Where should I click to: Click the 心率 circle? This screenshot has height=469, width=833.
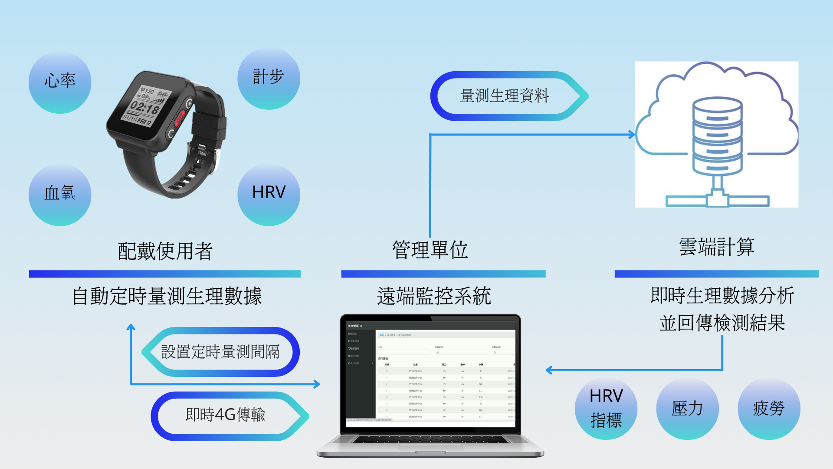click(x=60, y=82)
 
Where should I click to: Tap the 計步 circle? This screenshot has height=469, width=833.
click(x=269, y=78)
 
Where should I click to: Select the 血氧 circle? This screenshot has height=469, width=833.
click(x=60, y=194)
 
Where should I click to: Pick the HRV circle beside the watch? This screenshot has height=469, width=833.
click(x=269, y=194)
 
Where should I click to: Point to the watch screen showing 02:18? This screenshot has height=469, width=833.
click(x=146, y=105)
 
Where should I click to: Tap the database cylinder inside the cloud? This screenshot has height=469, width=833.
click(x=717, y=136)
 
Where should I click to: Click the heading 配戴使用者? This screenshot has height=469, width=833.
click(x=165, y=251)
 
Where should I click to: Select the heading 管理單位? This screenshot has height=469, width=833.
click(x=430, y=250)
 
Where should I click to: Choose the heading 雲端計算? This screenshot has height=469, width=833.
click(x=717, y=247)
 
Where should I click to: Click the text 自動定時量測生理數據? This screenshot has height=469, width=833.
click(x=167, y=296)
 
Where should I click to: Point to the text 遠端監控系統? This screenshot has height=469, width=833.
click(x=434, y=296)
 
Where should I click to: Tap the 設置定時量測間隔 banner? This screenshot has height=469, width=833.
click(x=220, y=352)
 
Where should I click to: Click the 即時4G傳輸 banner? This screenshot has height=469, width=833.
click(x=226, y=415)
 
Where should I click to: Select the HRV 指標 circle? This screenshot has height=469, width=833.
click(x=606, y=409)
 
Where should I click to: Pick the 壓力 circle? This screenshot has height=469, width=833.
click(x=687, y=409)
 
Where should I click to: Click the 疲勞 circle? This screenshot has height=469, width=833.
click(x=769, y=409)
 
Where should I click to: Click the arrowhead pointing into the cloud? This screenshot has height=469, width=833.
click(x=632, y=135)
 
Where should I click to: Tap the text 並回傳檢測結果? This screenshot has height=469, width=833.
click(x=722, y=323)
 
